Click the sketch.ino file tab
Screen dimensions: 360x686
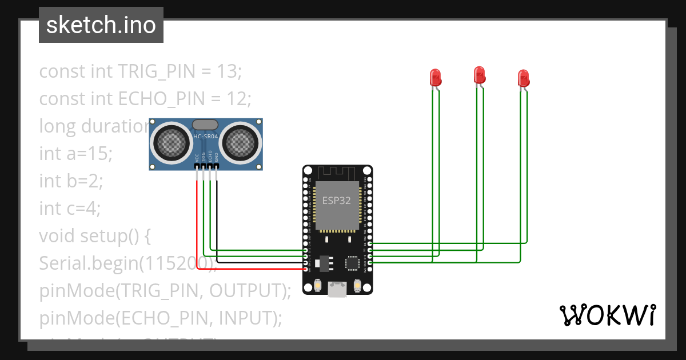[x=101, y=25]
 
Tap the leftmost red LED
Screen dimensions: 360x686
[x=435, y=77]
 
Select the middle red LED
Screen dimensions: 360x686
[x=479, y=74]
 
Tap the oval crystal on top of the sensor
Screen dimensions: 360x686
[x=205, y=124]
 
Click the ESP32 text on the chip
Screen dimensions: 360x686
[x=337, y=201]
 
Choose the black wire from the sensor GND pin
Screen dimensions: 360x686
[x=217, y=229]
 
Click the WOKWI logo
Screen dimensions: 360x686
[x=607, y=315]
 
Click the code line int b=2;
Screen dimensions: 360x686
[x=71, y=181]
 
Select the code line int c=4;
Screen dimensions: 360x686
[x=70, y=209]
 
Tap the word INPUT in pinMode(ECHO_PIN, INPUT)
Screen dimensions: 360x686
[x=244, y=318]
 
